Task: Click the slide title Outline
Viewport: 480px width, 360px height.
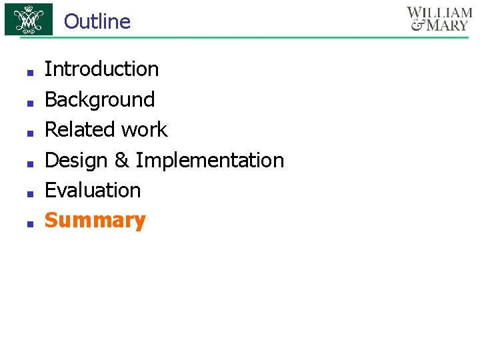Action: click(x=97, y=21)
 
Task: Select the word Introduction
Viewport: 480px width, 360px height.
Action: click(x=101, y=69)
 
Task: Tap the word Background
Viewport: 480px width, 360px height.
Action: click(x=99, y=99)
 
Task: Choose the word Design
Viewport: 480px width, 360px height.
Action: click(x=76, y=161)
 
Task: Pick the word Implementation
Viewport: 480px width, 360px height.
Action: click(x=210, y=161)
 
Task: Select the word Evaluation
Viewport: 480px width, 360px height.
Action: click(x=93, y=191)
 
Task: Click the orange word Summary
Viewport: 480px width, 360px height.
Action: click(x=95, y=221)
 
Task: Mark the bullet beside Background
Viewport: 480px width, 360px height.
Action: click(x=29, y=102)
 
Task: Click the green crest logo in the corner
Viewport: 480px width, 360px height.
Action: click(x=29, y=19)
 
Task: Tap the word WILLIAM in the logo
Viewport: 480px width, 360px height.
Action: click(x=439, y=13)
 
